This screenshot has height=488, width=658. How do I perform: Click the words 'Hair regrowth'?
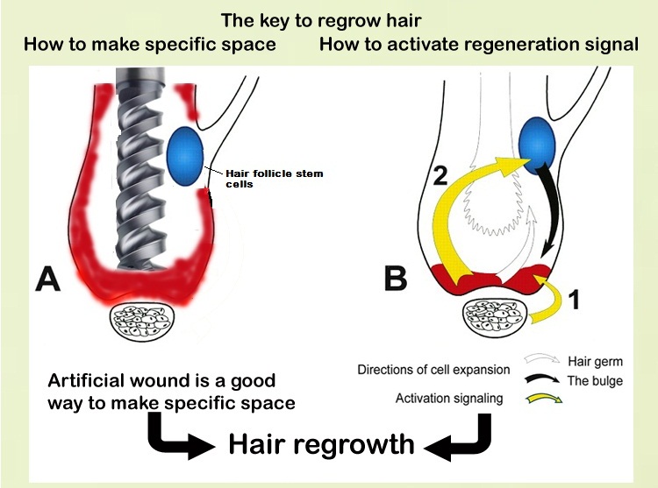click(x=320, y=443)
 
